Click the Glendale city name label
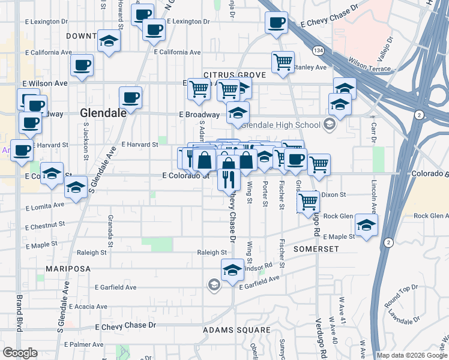click(103, 112)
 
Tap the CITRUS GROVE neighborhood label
click(226, 75)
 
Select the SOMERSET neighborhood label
click(316, 248)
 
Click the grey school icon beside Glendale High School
click(328, 125)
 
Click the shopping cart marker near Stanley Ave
click(283, 62)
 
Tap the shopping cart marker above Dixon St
click(308, 202)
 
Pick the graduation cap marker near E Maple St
click(366, 226)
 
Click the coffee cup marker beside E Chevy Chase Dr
click(277, 23)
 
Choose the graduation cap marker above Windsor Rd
click(232, 270)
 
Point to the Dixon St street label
click(334, 195)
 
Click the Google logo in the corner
click(20, 353)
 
